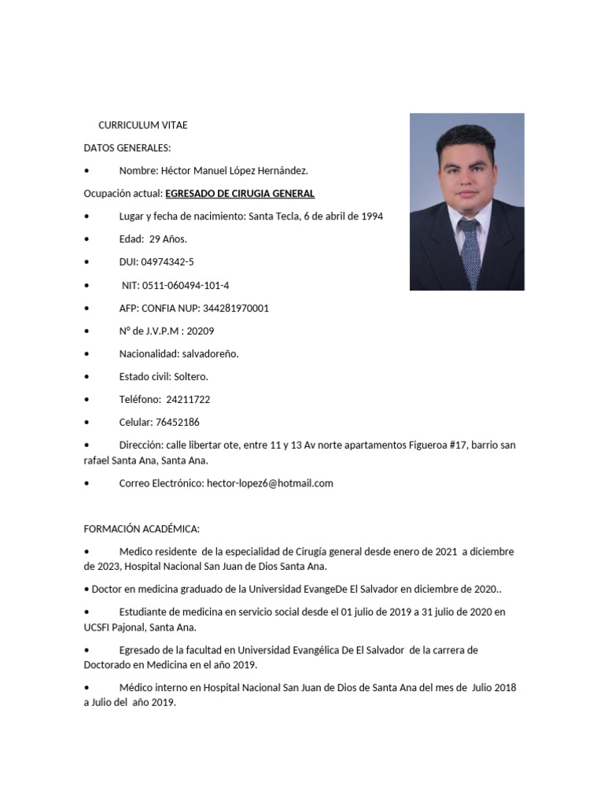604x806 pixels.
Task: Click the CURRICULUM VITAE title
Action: (143, 125)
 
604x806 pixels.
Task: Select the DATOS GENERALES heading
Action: (127, 148)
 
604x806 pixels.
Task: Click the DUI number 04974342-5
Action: (168, 262)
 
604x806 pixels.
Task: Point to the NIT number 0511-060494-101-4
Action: (186, 285)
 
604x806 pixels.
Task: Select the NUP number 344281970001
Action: (236, 308)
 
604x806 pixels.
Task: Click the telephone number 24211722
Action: (188, 399)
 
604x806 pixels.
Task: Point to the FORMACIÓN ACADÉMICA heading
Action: (142, 529)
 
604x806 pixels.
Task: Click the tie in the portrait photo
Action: (470, 252)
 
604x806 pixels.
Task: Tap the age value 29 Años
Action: (168, 239)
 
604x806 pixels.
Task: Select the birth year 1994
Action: (372, 216)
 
